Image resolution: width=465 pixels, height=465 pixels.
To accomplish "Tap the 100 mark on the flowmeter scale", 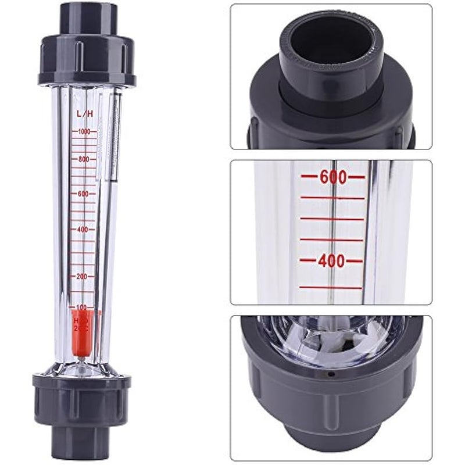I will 81,306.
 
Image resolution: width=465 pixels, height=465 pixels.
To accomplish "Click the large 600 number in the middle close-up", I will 332,177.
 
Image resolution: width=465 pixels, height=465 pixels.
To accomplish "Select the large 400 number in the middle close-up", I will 332,261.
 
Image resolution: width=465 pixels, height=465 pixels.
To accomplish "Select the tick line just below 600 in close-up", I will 332,198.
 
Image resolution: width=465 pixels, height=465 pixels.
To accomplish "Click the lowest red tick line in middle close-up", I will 331,287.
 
